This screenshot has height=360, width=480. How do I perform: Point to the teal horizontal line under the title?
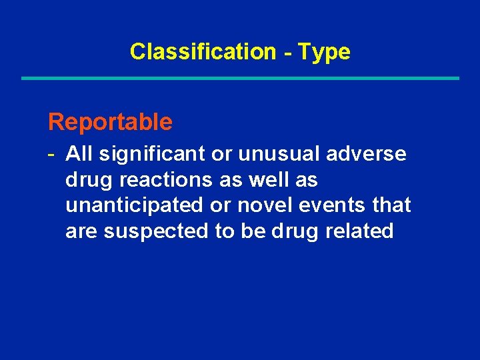pos(240,79)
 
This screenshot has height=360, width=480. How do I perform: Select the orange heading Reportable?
pos(110,122)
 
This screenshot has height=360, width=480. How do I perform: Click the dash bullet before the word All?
pos(51,154)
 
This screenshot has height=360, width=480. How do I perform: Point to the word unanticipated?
pos(135,205)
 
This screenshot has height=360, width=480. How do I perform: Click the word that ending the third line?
pos(393,205)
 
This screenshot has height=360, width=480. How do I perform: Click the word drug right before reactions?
pos(85,181)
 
